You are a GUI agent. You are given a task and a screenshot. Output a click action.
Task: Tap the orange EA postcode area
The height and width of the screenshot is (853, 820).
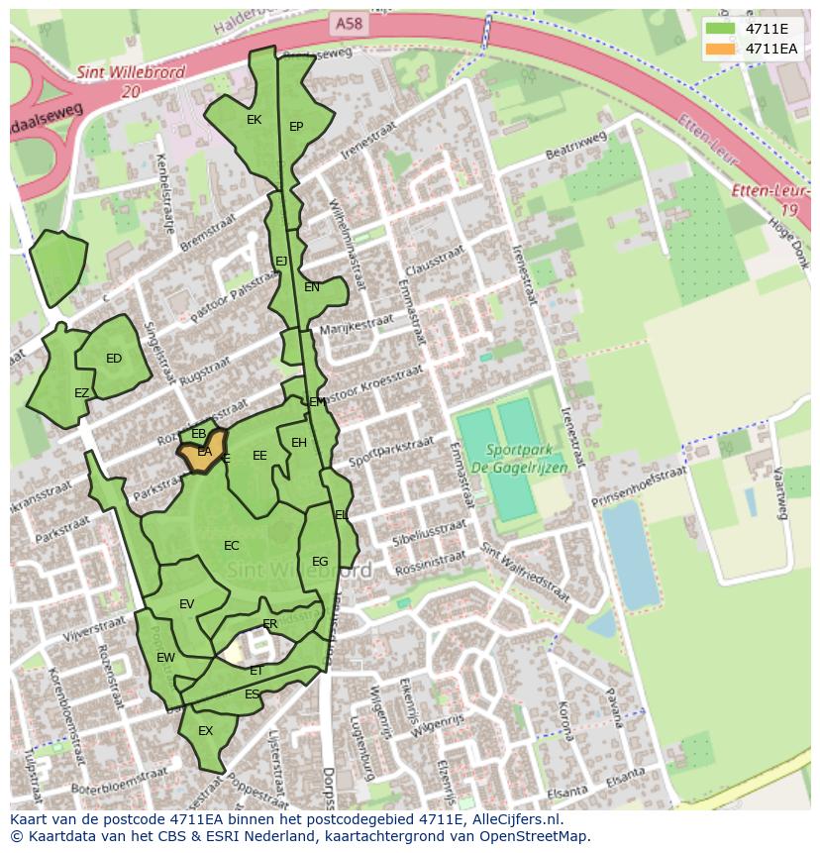203,453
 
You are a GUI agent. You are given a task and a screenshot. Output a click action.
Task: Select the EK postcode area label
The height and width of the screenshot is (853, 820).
254,120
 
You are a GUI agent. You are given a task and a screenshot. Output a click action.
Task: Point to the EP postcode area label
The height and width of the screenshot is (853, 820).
296,127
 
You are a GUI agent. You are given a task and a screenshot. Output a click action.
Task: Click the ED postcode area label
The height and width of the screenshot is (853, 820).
114,359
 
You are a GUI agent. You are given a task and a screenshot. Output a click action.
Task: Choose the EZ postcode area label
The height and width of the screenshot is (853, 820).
81,393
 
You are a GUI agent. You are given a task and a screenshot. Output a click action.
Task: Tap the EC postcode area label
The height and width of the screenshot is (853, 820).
232,546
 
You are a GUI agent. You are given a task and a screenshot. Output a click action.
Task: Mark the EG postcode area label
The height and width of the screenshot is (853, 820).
320,562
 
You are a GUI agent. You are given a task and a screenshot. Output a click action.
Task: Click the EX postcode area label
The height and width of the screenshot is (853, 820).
206,731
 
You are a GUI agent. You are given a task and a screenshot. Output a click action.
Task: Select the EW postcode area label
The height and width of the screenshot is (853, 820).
165,657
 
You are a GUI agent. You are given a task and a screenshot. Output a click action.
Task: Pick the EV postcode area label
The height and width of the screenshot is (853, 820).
186,604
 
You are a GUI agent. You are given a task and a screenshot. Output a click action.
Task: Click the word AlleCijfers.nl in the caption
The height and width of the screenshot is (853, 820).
512,819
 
